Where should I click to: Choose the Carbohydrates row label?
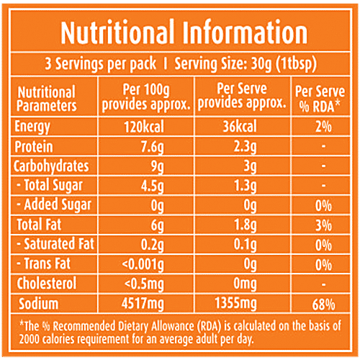[x=55, y=166]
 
